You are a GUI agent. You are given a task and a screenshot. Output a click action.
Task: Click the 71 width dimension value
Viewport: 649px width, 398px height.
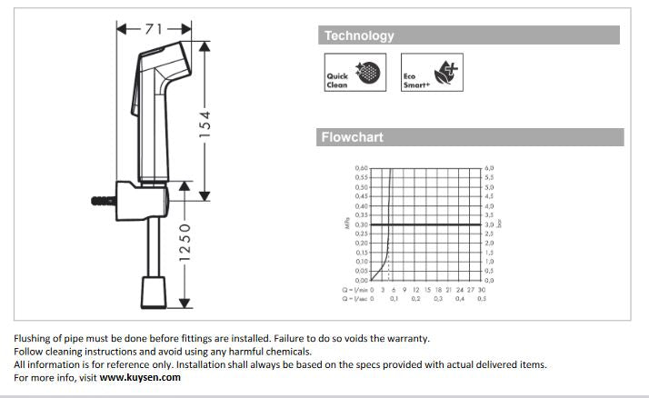(151, 29)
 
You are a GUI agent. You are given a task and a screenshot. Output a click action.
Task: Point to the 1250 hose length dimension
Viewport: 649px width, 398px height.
(185, 244)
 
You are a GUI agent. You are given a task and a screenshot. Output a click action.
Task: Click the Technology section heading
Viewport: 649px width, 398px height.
(360, 36)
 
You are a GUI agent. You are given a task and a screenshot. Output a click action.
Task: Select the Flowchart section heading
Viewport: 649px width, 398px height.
(353, 138)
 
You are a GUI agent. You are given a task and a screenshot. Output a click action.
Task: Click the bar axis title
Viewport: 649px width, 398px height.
(501, 224)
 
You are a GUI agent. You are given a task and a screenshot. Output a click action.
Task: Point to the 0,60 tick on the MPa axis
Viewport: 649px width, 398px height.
(363, 168)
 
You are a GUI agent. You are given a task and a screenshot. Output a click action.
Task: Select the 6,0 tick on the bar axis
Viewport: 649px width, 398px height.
(489, 168)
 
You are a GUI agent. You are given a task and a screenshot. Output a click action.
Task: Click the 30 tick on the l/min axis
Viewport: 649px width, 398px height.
(482, 289)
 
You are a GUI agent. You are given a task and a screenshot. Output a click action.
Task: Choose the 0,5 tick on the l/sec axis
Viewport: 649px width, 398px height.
(482, 298)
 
